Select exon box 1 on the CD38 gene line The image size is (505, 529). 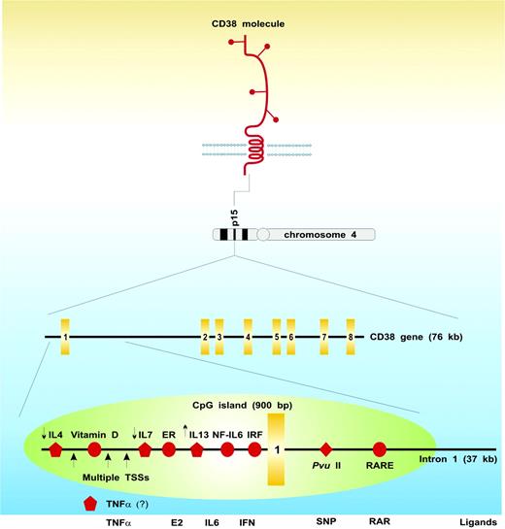click(64, 337)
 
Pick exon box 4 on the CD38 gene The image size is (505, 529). click(249, 337)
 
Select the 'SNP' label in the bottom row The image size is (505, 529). click(326, 520)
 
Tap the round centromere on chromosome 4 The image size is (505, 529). click(263, 235)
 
